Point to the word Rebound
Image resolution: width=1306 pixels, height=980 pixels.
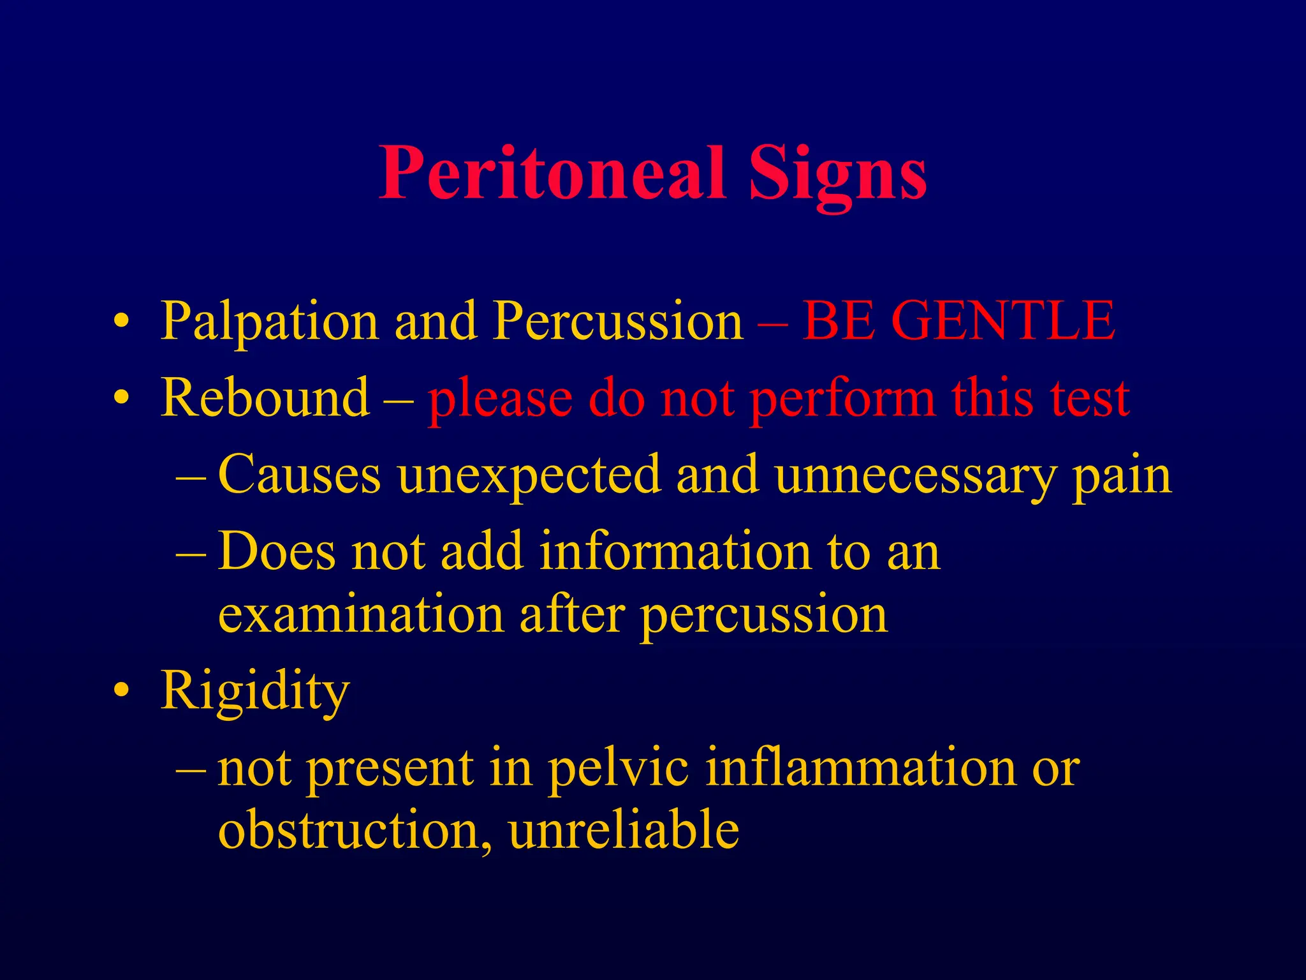[x=265, y=397]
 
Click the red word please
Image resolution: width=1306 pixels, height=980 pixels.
[x=499, y=401]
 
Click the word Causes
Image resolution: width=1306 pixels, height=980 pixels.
[x=300, y=475]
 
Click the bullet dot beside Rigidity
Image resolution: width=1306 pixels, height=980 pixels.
[x=122, y=690]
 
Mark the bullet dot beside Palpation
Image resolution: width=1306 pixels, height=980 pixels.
[x=122, y=321]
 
